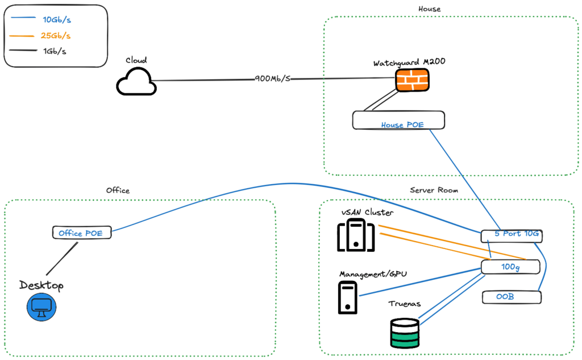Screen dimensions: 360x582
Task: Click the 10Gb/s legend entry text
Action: coord(57,20)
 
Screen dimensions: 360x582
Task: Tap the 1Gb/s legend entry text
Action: coord(54,51)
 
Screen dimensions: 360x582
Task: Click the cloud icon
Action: coord(136,82)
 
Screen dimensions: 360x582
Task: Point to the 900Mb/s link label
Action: coord(273,78)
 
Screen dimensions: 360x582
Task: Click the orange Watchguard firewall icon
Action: coord(412,81)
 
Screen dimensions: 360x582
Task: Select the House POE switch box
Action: coord(398,121)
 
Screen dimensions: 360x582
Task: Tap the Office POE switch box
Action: coord(81,233)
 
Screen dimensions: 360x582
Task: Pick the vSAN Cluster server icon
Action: coord(356,236)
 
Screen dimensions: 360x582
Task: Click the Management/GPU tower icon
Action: coord(347,298)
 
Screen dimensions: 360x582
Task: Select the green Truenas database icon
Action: coord(405,333)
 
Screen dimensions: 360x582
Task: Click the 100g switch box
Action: coord(510,266)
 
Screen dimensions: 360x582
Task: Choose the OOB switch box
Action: coord(510,297)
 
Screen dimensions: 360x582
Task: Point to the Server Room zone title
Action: coord(434,190)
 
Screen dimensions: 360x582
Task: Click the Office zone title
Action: coord(118,191)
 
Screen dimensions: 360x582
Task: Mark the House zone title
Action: coord(429,9)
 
